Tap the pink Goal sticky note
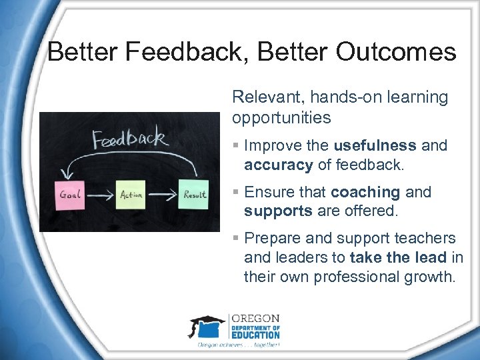tap(71, 195)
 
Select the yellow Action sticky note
tap(130, 195)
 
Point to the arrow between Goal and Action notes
tap(101, 195)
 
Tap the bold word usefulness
tap(375, 145)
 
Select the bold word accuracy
tap(278, 165)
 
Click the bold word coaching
tap(365, 192)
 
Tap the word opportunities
tap(281, 118)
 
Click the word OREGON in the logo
tap(254, 319)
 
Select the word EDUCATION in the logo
tap(255, 335)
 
